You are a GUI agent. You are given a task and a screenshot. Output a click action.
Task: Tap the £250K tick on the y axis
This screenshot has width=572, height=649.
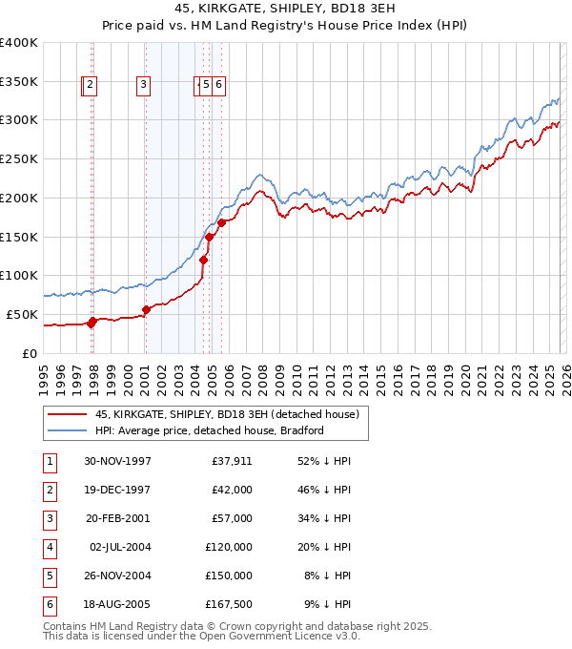point(19,158)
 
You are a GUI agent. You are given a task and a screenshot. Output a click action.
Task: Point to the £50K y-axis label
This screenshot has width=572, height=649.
point(21,314)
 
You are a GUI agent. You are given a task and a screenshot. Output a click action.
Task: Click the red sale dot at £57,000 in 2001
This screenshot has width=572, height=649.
point(147,309)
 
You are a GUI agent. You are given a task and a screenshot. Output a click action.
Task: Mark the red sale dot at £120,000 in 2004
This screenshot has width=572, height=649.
point(203,260)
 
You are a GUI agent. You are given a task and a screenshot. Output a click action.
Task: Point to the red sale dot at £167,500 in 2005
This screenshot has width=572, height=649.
point(221,222)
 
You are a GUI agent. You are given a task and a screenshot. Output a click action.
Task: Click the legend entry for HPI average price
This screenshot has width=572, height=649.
point(209,430)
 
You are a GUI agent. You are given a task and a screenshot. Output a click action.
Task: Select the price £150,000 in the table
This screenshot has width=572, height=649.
point(232,576)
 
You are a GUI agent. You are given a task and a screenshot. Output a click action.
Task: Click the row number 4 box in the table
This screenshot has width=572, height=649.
point(49,547)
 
